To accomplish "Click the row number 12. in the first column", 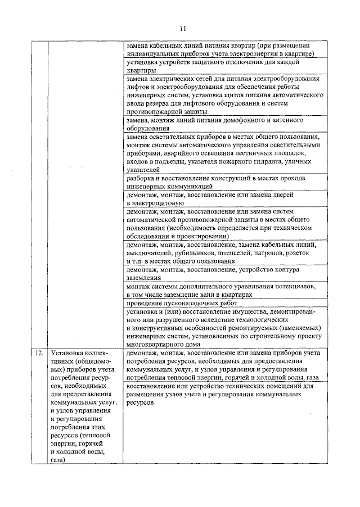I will (38, 354).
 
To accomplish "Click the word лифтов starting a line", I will (138, 87).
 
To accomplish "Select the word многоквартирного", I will (158, 345).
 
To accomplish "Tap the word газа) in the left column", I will (57, 459).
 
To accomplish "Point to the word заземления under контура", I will (144, 278).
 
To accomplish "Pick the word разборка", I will (142, 178).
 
